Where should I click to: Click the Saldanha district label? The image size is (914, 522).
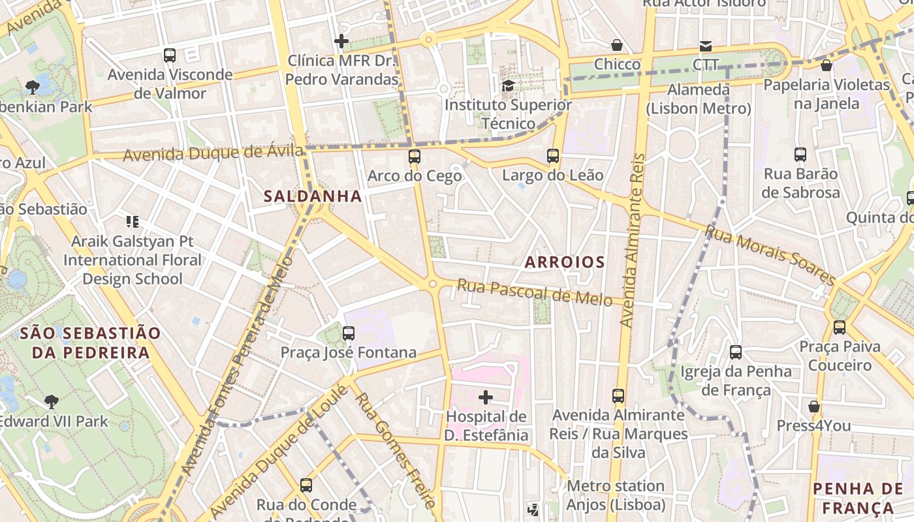(x=313, y=196)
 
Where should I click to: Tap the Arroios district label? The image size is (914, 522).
(x=565, y=262)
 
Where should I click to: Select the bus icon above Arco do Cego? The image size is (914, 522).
(x=415, y=157)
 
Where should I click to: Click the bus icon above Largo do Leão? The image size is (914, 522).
(x=553, y=156)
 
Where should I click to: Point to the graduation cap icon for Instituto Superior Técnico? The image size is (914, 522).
(x=508, y=85)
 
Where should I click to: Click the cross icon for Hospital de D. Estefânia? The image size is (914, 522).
(x=486, y=397)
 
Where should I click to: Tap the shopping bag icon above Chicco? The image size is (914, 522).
(x=617, y=45)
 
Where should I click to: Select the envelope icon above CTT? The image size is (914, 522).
(x=706, y=46)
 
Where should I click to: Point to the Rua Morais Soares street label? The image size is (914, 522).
(x=770, y=254)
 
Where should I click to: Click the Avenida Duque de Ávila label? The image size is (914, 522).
(x=213, y=153)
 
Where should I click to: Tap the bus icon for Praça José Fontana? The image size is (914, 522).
(x=349, y=333)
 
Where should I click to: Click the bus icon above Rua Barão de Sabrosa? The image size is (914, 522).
(x=800, y=155)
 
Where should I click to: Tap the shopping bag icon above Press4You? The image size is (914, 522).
(x=813, y=407)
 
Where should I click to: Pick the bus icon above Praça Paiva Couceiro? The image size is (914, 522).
(x=840, y=327)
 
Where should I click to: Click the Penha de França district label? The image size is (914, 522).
(x=858, y=498)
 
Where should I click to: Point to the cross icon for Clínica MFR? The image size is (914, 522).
(x=341, y=42)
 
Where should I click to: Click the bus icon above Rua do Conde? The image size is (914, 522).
(x=306, y=485)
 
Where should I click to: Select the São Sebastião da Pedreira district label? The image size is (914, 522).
(x=90, y=343)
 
